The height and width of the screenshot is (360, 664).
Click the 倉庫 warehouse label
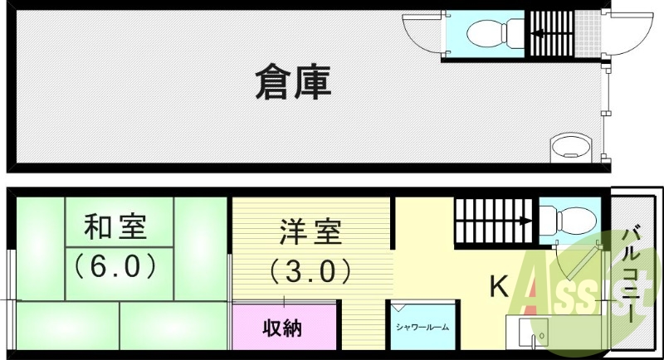pos(293,83)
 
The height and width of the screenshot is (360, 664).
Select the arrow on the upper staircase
pos(538,32)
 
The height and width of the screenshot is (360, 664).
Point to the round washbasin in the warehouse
pos(571,148)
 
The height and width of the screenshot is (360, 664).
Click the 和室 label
pos(115,227)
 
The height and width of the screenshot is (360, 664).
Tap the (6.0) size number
pos(115,266)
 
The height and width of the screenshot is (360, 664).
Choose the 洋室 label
pos(310,231)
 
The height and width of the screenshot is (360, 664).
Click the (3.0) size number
pos(310,270)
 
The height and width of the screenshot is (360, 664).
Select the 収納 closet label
pos(282,328)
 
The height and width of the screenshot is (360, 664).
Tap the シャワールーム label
pos(422,327)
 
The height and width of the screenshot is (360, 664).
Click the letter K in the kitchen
pos(500,286)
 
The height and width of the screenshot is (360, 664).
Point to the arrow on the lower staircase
pos(525,221)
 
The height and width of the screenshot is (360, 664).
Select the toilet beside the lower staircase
pos(568,221)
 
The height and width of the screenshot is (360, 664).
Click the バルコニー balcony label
pos(632,275)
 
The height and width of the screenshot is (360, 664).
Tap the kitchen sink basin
pos(534,333)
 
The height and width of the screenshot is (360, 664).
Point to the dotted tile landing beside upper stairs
pos(588,33)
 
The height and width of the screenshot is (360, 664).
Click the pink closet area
pos(284,327)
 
